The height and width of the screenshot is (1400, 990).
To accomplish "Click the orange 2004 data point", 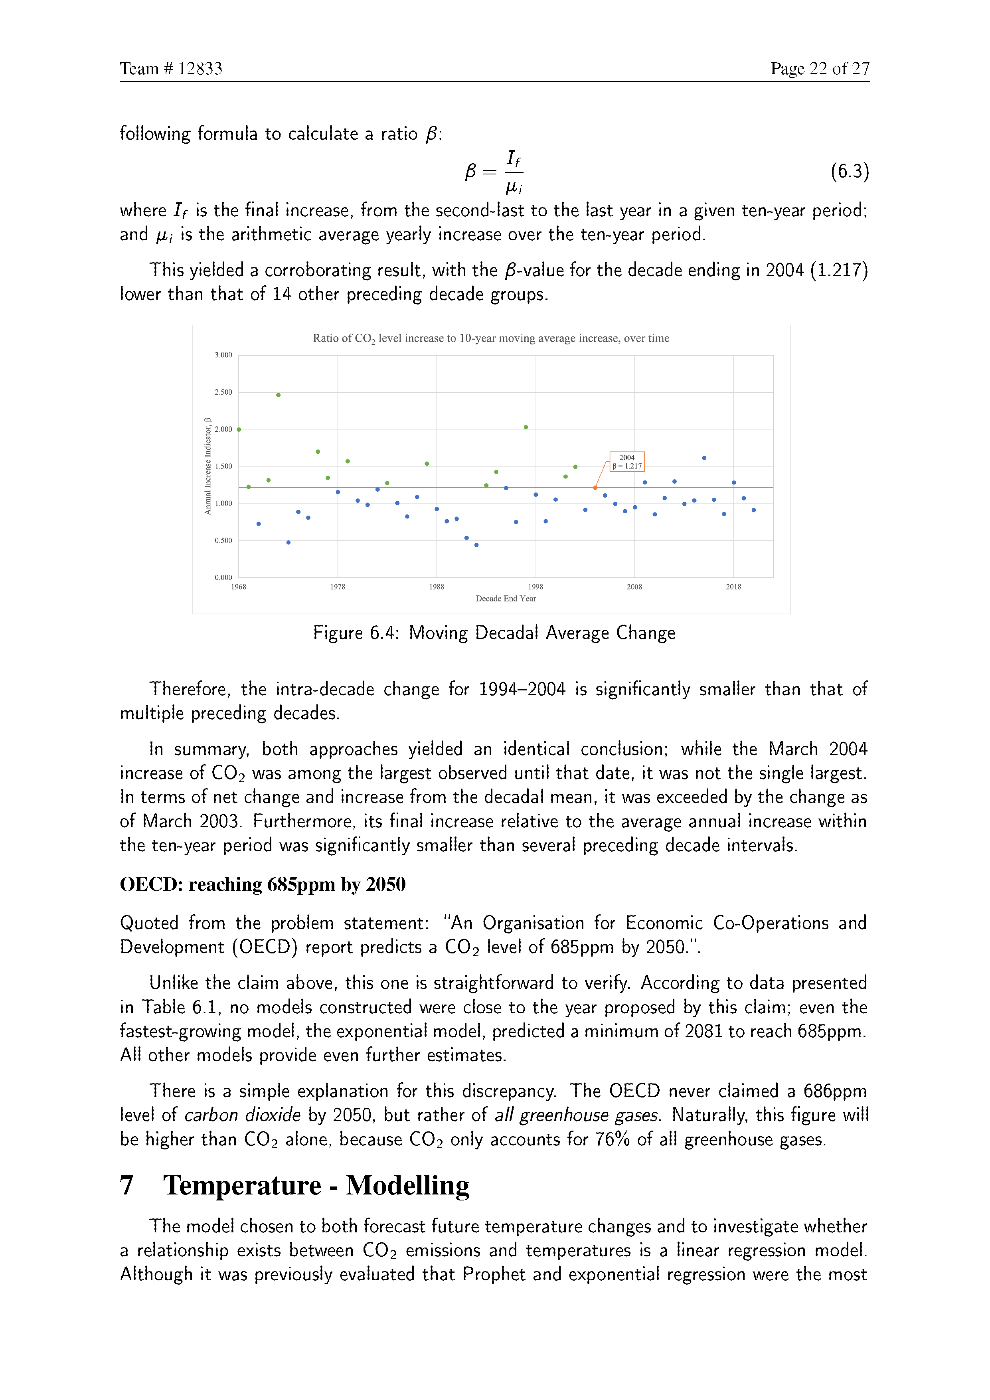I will (x=595, y=488).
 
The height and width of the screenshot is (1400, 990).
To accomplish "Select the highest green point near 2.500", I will (x=279, y=395).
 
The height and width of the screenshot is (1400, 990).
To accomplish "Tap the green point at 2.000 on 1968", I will (x=239, y=430).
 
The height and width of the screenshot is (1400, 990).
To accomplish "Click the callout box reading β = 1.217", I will (x=626, y=462).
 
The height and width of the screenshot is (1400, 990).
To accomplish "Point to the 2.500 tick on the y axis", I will (x=223, y=392).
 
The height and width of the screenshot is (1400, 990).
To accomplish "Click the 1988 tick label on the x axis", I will (x=437, y=587).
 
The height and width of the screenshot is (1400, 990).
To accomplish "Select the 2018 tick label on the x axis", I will (x=733, y=587).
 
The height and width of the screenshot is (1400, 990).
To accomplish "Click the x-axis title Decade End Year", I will (x=506, y=599).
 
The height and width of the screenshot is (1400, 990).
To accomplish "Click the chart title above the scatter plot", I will (x=491, y=338).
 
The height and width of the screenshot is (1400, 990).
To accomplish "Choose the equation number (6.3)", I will (x=849, y=171).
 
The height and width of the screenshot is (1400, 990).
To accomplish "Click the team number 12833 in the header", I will (x=200, y=69).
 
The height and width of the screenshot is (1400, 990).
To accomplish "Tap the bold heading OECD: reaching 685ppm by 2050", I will (x=263, y=884).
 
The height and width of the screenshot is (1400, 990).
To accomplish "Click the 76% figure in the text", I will (x=612, y=1139).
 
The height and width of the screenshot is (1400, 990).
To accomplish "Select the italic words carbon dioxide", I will (x=242, y=1115).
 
